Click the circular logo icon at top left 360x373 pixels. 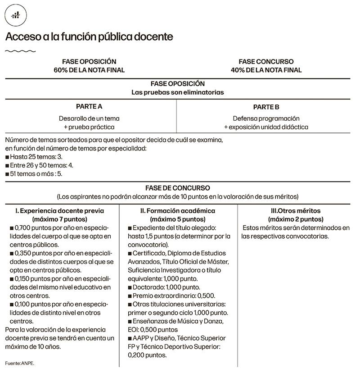(x=16, y=16)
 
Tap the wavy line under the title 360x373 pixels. (x=21, y=51)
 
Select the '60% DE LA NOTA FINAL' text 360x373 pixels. (x=89, y=70)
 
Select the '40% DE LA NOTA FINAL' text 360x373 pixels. (x=266, y=70)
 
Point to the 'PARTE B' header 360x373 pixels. (x=266, y=107)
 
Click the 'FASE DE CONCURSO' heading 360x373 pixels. (x=178, y=188)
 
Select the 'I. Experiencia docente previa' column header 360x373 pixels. (x=60, y=210)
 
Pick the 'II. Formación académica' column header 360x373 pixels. (x=178, y=210)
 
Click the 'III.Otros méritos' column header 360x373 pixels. (x=295, y=210)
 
